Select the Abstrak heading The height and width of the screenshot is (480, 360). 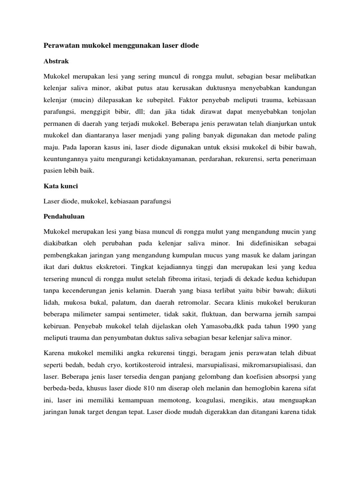click(x=56, y=61)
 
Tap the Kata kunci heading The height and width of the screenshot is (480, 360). click(x=61, y=186)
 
